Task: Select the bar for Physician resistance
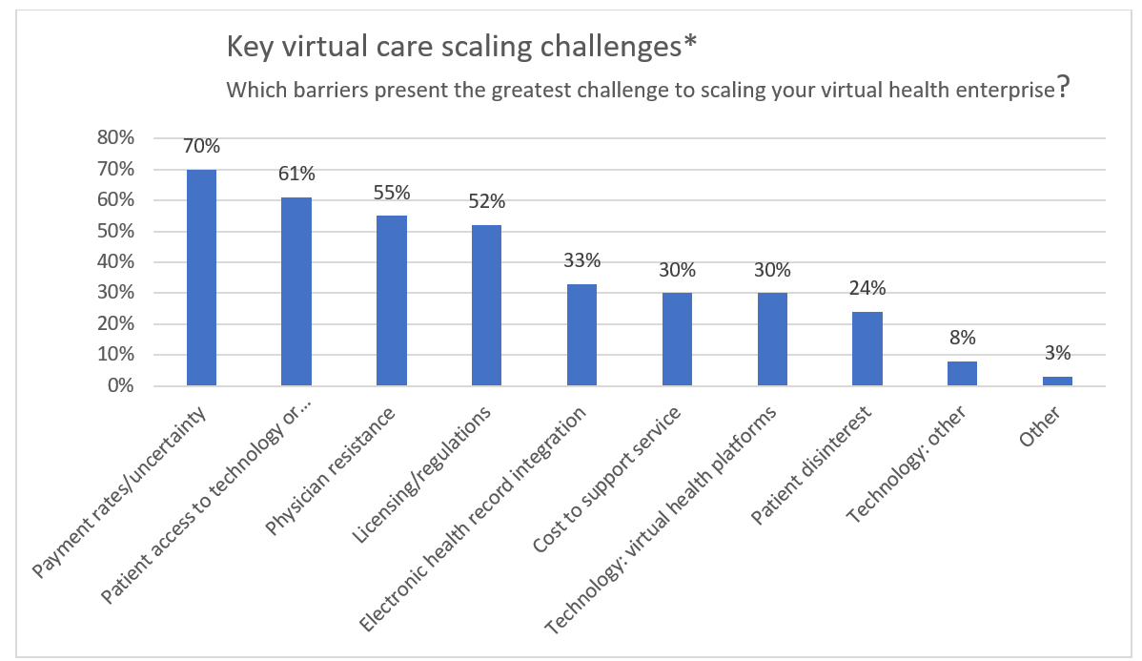pos(392,300)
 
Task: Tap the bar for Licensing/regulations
pos(487,305)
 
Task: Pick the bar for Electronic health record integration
pos(581,335)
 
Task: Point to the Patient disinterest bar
pos(867,349)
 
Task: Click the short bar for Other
pos(1057,382)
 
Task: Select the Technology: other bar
pos(962,374)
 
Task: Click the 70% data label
pos(201,147)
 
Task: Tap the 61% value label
pos(296,175)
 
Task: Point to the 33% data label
pos(581,260)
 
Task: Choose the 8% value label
pos(962,339)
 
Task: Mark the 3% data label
pos(1057,354)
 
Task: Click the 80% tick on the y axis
pos(116,138)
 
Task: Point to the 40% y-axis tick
pos(116,262)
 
